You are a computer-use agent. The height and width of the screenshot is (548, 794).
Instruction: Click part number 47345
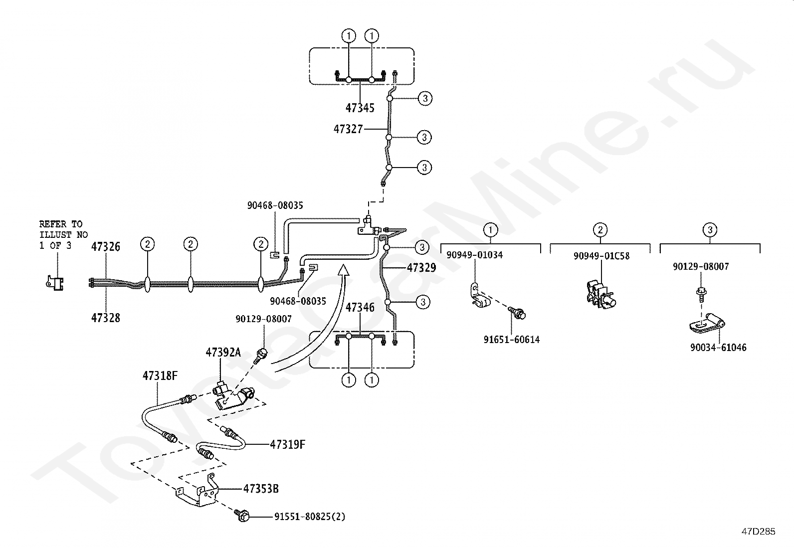pyautogui.click(x=360, y=108)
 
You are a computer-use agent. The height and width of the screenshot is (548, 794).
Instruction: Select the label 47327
pyautogui.click(x=348, y=129)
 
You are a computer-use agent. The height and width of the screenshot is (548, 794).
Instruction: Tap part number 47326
pyautogui.click(x=106, y=246)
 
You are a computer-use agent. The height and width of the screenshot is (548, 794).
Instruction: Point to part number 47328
pyautogui.click(x=106, y=318)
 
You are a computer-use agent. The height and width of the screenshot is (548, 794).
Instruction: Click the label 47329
pyautogui.click(x=421, y=268)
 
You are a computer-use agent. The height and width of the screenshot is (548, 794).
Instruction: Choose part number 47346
pyautogui.click(x=360, y=307)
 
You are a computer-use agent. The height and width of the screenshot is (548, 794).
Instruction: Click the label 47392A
pyautogui.click(x=223, y=353)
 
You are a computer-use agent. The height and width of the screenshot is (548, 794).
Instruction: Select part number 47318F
pyautogui.click(x=160, y=376)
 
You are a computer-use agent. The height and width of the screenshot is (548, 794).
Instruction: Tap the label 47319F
pyautogui.click(x=287, y=444)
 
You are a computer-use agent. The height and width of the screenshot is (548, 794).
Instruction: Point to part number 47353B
pyautogui.click(x=261, y=489)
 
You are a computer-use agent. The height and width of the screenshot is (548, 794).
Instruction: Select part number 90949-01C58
pyautogui.click(x=601, y=256)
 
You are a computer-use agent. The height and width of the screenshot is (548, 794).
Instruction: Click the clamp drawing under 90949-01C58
pyautogui.click(x=600, y=294)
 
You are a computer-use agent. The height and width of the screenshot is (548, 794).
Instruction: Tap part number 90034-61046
pyautogui.click(x=718, y=348)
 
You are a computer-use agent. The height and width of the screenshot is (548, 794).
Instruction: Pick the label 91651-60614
pyautogui.click(x=511, y=340)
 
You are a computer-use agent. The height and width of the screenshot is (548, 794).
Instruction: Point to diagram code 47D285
pyautogui.click(x=758, y=532)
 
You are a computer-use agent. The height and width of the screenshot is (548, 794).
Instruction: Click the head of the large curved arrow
pyautogui.click(x=343, y=271)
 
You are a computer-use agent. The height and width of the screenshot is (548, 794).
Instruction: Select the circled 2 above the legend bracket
pyautogui.click(x=600, y=230)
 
